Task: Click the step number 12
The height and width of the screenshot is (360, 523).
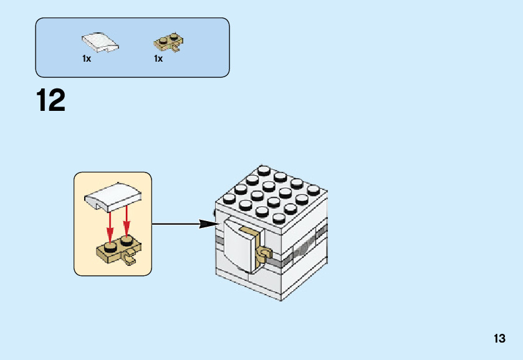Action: click(x=50, y=100)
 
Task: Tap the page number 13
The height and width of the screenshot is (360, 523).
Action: click(x=499, y=339)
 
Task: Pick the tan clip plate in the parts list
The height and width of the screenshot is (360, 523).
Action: click(x=168, y=42)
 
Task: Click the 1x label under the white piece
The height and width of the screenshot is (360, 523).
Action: click(x=87, y=59)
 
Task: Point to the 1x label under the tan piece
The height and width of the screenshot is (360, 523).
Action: click(x=158, y=59)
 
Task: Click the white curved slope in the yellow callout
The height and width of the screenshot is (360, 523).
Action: click(x=113, y=197)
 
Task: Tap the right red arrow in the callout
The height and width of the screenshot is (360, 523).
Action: click(x=127, y=224)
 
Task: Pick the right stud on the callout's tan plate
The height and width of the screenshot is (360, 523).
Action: click(x=127, y=240)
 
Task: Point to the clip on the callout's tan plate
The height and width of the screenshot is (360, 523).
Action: click(x=130, y=258)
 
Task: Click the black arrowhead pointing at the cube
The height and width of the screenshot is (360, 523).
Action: click(x=206, y=224)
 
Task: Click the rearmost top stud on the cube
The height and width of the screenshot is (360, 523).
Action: click(x=264, y=170)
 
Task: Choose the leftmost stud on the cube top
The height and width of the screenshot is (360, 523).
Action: click(x=228, y=199)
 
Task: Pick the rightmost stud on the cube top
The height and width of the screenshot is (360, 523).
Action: click(x=313, y=189)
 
